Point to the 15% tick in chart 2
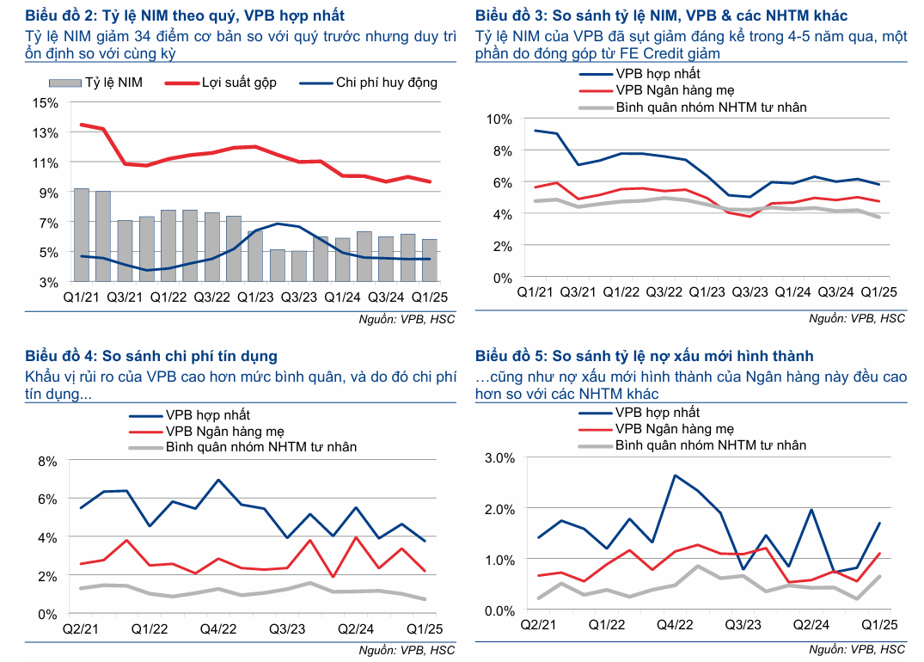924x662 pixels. click(x=45, y=102)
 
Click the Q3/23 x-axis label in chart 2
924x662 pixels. click(x=299, y=297)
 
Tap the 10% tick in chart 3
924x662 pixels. click(x=499, y=119)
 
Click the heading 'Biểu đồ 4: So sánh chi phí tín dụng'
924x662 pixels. click(x=151, y=356)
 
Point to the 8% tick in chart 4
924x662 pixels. click(x=46, y=461)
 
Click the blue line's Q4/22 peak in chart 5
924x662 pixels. click(x=675, y=475)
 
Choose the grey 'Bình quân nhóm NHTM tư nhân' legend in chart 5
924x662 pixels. click(x=711, y=444)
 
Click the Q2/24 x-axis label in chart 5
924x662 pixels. click(x=811, y=626)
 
